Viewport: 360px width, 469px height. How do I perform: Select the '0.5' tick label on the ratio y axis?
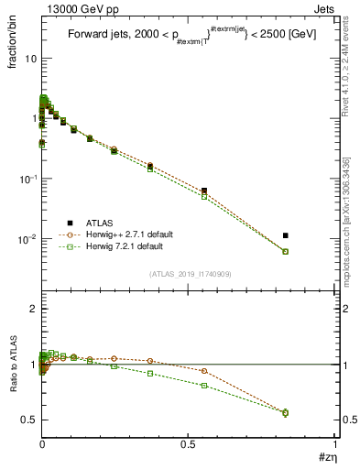tap(28, 420)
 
